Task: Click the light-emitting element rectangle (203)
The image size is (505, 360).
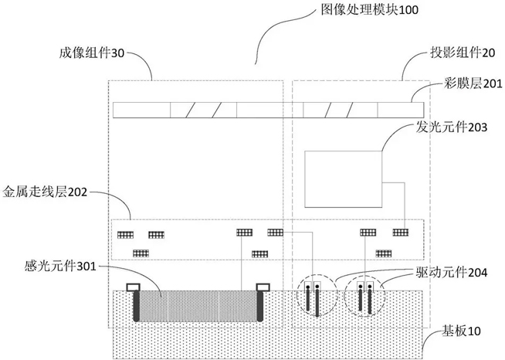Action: (345, 178)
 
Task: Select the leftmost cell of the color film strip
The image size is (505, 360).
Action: (141, 110)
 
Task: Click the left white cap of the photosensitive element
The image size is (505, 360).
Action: (134, 290)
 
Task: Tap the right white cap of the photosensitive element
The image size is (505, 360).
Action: (259, 290)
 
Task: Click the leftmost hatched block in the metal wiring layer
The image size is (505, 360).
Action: (124, 234)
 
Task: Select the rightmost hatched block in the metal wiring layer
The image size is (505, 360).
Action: (400, 232)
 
